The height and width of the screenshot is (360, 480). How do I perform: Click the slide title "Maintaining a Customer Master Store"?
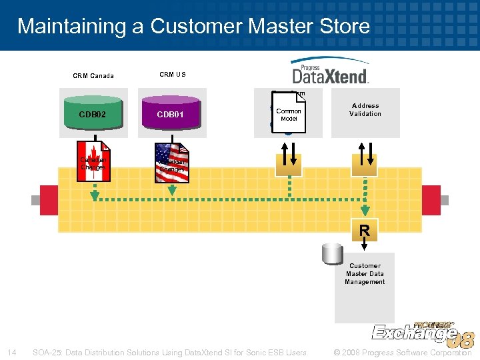[193, 26]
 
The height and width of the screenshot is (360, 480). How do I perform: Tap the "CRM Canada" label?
[93, 75]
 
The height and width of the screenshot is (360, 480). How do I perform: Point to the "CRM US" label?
[173, 74]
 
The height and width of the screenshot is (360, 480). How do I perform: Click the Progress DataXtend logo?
[329, 71]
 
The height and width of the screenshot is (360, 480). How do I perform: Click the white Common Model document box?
[289, 114]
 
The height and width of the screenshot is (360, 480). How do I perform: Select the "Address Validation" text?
[365, 110]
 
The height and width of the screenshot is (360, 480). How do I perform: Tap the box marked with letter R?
[364, 231]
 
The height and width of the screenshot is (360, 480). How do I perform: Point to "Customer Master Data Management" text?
[365, 273]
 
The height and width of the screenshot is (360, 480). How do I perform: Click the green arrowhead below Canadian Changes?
[95, 195]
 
